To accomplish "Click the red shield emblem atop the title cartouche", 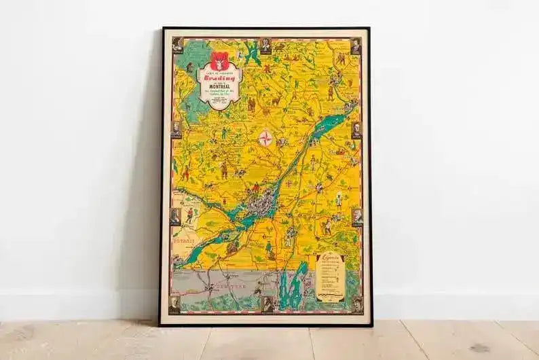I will pyautogui.click(x=219, y=58).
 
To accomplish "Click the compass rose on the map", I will pyautogui.click(x=265, y=139).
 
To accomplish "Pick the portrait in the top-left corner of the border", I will pyautogui.click(x=178, y=45).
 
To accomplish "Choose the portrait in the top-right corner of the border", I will pyautogui.click(x=355, y=46).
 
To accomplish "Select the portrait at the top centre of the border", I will pyautogui.click(x=265, y=45).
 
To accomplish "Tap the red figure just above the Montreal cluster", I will pyautogui.click(x=255, y=187).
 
